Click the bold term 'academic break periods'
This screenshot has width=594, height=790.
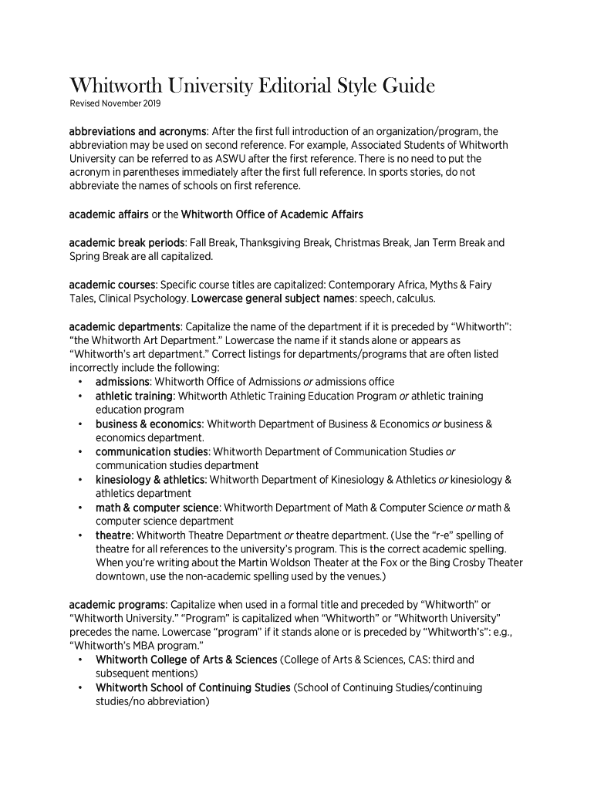click(x=127, y=242)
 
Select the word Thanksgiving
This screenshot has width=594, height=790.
click(x=272, y=242)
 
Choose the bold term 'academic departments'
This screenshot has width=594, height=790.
click(x=125, y=326)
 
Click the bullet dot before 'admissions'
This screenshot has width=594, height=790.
click(x=81, y=382)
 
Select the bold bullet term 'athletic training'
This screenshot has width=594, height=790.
click(x=134, y=396)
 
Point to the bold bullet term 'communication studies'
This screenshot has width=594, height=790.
click(x=152, y=451)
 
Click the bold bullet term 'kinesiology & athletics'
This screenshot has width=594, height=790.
click(x=150, y=480)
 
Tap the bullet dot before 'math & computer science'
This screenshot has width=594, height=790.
click(x=81, y=508)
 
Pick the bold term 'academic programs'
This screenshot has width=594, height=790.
click(x=117, y=604)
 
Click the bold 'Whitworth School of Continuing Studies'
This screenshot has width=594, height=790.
click(x=193, y=687)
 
